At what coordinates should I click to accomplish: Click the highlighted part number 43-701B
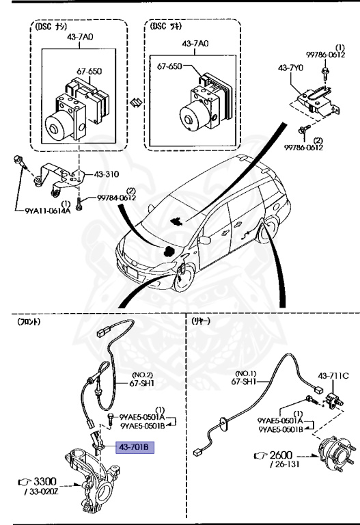pos(137,448)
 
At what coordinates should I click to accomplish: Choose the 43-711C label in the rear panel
pos(333,375)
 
